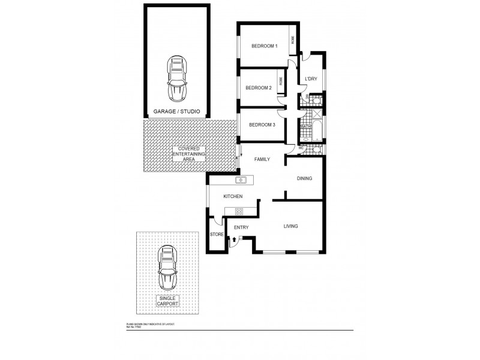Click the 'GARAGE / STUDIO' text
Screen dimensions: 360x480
point(176,112)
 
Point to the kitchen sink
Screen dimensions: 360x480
point(241,179)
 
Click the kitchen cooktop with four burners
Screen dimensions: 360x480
point(238,211)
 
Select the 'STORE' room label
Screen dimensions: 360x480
point(216,235)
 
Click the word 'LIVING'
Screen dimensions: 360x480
point(291,226)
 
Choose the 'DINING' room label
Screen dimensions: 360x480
point(305,179)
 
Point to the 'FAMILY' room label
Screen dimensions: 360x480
point(262,159)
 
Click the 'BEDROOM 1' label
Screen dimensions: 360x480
point(264,46)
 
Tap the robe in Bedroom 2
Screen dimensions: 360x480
point(280,79)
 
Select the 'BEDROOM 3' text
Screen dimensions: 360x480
point(262,124)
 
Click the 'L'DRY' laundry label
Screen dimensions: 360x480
point(311,79)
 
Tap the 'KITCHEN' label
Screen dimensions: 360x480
point(233,197)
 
